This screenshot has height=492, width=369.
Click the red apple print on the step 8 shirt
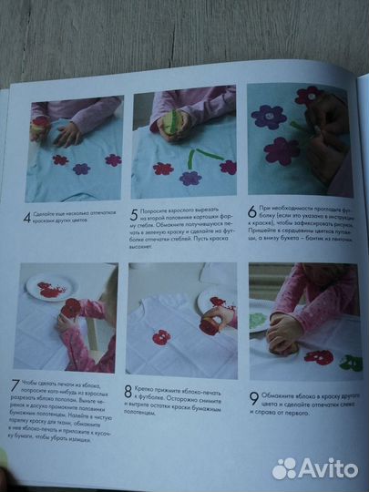pyautogui.click(x=161, y=337)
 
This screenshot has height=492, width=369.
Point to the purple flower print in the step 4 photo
pyautogui.click(x=81, y=169)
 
